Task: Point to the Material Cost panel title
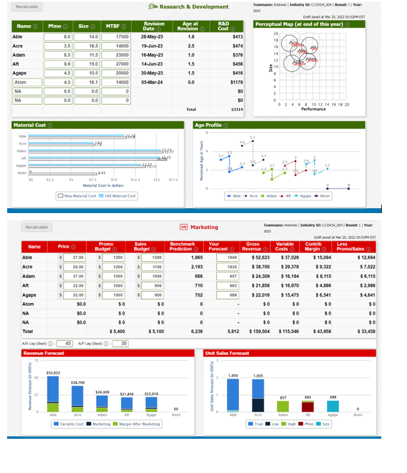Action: (x=30, y=125)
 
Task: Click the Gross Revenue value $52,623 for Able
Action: (x=261, y=257)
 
